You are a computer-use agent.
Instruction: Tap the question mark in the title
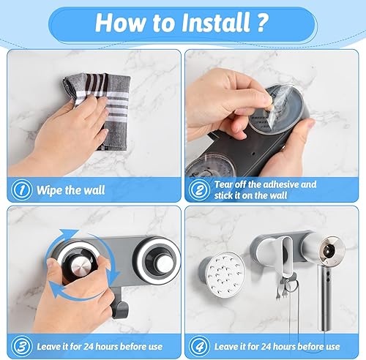[262, 23]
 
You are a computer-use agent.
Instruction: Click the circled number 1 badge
[22, 190]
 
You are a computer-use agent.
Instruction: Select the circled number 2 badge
[199, 190]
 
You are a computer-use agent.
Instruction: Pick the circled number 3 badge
[22, 346]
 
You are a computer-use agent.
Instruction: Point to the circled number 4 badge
[199, 346]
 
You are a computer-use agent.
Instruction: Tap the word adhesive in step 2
[273, 184]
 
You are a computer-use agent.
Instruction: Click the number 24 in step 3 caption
[89, 346]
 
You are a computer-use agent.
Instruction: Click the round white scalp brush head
[226, 274]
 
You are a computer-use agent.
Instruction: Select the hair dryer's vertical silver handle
[325, 299]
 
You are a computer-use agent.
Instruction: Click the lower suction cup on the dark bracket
[211, 165]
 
